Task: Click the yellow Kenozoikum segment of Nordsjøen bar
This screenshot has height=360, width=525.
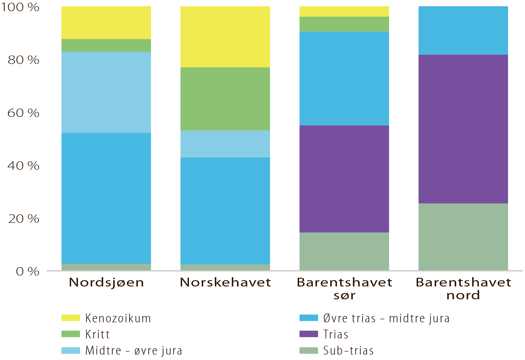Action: click(x=106, y=22)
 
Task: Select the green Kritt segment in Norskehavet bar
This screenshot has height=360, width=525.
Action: click(x=225, y=99)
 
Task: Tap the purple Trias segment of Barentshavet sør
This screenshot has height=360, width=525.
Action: click(x=344, y=179)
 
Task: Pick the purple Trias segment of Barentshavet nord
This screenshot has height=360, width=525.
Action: click(x=463, y=129)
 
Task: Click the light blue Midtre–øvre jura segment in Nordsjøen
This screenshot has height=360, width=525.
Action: click(x=106, y=92)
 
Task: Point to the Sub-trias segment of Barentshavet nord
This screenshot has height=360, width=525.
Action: click(x=463, y=237)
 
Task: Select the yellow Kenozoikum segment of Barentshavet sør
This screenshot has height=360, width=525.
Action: click(x=344, y=11)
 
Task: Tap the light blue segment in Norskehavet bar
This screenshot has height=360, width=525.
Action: click(x=225, y=144)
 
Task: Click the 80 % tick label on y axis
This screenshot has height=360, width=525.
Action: click(x=24, y=60)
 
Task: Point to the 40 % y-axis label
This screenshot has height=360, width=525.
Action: click(x=24, y=166)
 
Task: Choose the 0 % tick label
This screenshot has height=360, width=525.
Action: click(x=28, y=272)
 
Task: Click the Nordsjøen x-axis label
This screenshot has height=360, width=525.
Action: click(x=106, y=282)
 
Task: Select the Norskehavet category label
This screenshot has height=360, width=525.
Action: click(x=226, y=282)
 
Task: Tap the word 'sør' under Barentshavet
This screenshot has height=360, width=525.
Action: click(x=344, y=295)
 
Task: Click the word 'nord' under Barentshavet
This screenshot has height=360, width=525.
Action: click(x=463, y=295)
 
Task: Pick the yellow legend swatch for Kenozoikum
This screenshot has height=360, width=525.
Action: click(x=71, y=318)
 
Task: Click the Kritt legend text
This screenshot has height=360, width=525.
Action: click(x=98, y=334)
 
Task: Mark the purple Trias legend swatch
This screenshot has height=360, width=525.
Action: click(x=309, y=334)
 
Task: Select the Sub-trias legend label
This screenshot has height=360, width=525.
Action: click(x=348, y=351)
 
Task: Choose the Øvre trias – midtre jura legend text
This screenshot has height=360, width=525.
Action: click(x=386, y=318)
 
